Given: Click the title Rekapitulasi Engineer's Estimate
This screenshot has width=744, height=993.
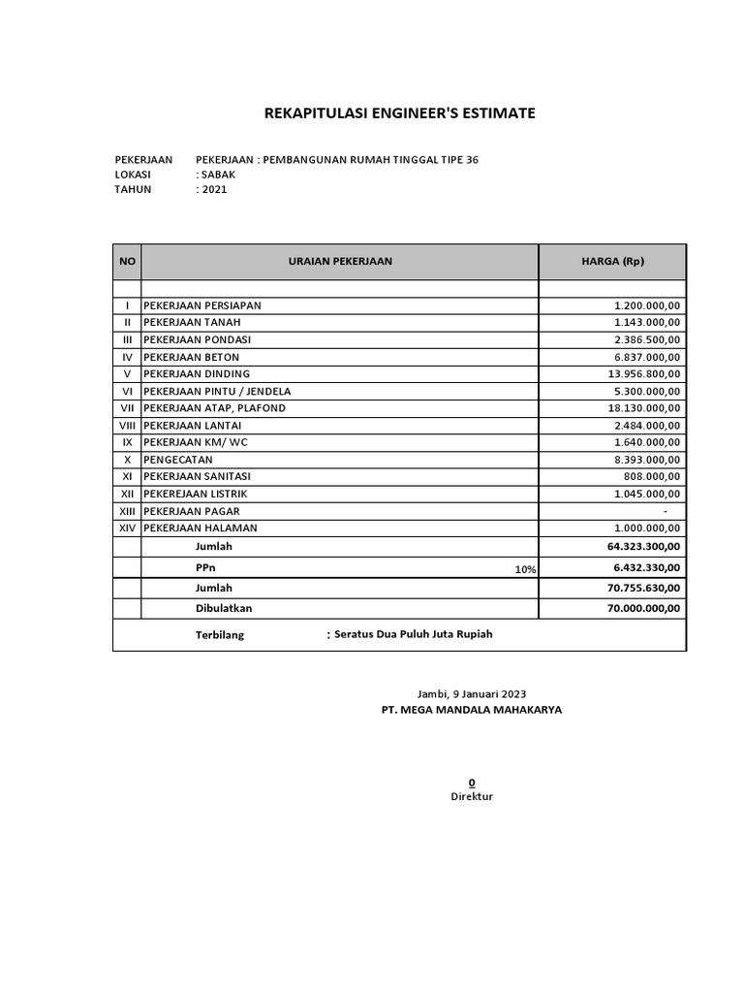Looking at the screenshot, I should click(x=399, y=114).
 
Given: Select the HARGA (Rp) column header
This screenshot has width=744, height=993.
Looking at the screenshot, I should click(x=613, y=261).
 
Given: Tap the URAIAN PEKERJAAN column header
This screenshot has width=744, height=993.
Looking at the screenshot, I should click(x=340, y=261).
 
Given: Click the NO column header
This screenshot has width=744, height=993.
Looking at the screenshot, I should click(x=127, y=261).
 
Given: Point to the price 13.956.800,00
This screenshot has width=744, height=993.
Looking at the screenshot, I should click(x=644, y=374).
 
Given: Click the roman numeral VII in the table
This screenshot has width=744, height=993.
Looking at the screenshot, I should click(x=127, y=408).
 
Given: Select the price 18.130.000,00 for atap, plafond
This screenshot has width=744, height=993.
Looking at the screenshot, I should click(x=644, y=408).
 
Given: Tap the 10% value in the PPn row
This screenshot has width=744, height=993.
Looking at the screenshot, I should click(x=525, y=570).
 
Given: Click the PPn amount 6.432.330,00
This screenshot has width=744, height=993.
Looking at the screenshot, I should click(x=646, y=568).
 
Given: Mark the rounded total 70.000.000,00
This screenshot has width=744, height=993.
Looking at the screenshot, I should click(x=643, y=608).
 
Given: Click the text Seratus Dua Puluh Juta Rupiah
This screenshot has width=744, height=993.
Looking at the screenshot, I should click(x=414, y=634).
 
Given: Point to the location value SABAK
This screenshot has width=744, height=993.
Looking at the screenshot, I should click(x=217, y=175).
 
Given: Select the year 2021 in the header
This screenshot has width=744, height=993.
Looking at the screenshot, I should click(x=213, y=190).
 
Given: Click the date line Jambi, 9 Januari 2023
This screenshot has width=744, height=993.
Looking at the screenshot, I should click(x=471, y=693).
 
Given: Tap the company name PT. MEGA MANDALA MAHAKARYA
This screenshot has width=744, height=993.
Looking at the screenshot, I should click(x=472, y=710).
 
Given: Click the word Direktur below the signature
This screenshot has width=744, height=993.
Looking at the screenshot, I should click(x=472, y=796).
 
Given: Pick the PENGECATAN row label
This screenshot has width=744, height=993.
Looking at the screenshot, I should click(x=178, y=460).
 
